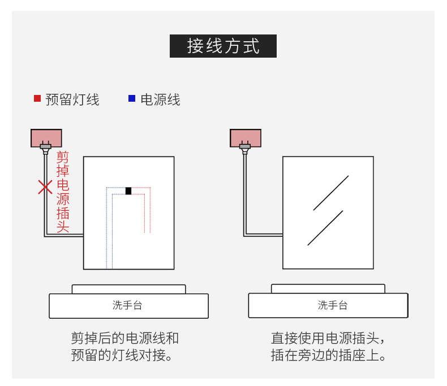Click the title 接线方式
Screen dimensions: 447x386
pyautogui.click(x=223, y=46)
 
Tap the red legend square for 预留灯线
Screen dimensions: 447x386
pyautogui.click(x=37, y=98)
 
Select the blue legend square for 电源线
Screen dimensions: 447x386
pyautogui.click(x=132, y=98)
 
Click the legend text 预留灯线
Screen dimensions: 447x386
pyautogui.click(x=72, y=99)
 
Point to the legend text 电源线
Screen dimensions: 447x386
pyautogui.click(x=160, y=99)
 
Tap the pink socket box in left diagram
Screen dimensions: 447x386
pyautogui.click(x=46, y=137)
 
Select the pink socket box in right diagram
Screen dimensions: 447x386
pyautogui.click(x=246, y=137)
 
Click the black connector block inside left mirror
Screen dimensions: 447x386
pyautogui.click(x=128, y=191)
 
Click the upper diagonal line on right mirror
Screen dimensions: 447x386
pyautogui.click(x=331, y=193)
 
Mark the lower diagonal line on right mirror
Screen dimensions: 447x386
pyautogui.click(x=325, y=228)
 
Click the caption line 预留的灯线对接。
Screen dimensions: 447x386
pyautogui.click(x=122, y=356)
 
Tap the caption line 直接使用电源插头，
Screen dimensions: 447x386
pyautogui.click(x=328, y=339)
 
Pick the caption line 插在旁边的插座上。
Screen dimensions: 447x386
pyautogui.click(x=328, y=356)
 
